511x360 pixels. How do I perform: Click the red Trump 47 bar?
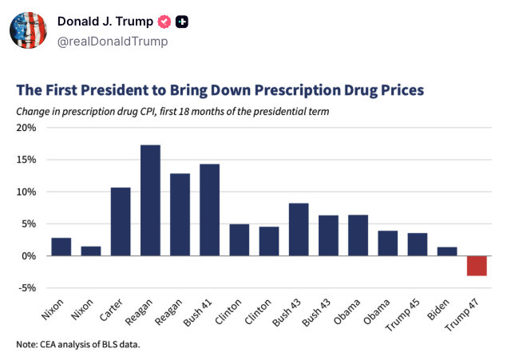(477, 266)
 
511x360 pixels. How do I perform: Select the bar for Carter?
(121, 222)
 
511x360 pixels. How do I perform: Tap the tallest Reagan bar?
(150, 200)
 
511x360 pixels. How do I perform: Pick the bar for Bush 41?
(209, 210)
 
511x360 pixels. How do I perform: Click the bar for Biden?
(447, 251)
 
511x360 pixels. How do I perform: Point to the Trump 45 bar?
(417, 244)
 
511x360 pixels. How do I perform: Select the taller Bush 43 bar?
(299, 229)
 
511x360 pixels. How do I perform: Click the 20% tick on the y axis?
(26, 128)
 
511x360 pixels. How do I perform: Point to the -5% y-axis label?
(27, 288)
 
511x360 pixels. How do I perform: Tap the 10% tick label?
(26, 192)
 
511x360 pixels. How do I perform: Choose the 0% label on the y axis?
(29, 256)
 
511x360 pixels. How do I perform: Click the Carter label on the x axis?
(111, 310)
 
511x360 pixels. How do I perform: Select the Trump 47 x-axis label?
(461, 315)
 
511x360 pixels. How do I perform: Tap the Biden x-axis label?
(438, 309)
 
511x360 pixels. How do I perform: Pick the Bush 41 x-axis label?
(197, 312)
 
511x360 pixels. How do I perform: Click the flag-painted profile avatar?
(29, 30)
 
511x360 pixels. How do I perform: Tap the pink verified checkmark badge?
(164, 22)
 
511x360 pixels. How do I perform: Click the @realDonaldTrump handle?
(113, 42)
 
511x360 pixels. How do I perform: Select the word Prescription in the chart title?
(297, 90)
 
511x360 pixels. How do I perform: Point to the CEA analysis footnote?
(78, 344)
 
